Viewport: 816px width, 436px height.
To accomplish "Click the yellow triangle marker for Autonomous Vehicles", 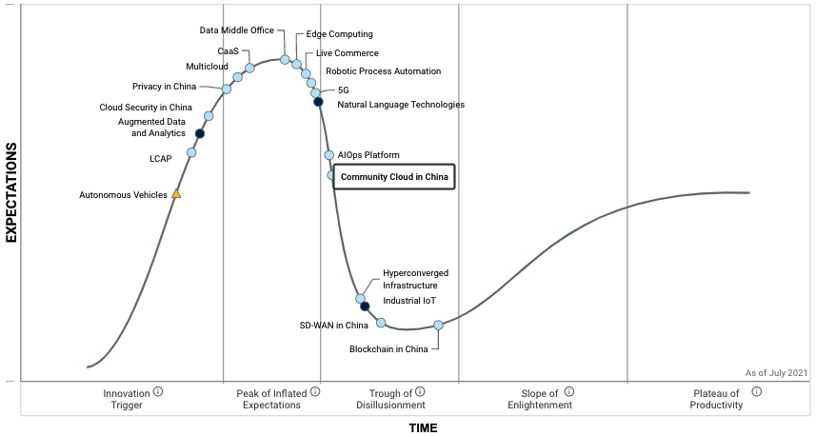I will click(x=176, y=194).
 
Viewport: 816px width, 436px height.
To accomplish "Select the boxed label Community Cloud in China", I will click(x=394, y=177).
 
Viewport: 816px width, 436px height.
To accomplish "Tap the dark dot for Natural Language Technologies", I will click(x=318, y=102).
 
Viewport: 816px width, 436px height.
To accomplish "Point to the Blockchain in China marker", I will click(x=438, y=326).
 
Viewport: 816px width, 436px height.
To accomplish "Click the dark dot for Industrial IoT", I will click(x=365, y=307).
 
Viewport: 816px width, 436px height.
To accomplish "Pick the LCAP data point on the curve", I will click(x=191, y=152).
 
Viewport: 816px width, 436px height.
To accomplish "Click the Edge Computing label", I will click(x=339, y=35).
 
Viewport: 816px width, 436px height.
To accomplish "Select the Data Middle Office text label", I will click(x=236, y=30).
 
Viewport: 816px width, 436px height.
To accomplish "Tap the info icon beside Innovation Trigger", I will click(x=158, y=390).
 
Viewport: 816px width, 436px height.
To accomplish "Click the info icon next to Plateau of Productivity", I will click(x=756, y=390).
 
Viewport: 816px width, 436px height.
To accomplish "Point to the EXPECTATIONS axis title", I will click(x=12, y=192).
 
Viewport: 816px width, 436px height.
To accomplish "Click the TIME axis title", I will click(x=423, y=428).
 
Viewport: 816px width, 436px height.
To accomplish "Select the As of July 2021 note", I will click(x=776, y=372).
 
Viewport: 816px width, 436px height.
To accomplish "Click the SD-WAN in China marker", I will click(x=381, y=323).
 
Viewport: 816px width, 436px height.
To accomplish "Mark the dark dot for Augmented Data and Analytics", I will click(x=200, y=133).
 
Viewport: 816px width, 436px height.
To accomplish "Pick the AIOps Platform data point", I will click(x=328, y=155).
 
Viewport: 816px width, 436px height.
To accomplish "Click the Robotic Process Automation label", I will click(x=383, y=71).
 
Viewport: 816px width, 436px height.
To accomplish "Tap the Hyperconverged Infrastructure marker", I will click(x=361, y=299).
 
